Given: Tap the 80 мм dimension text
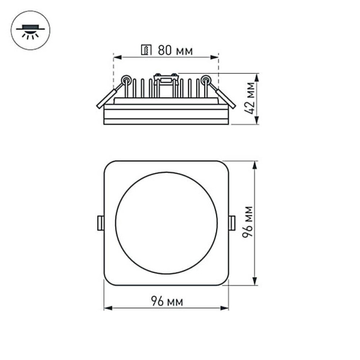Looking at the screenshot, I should point(175,50).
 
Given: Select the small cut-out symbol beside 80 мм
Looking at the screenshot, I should point(145,50).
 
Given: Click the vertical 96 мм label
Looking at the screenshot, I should point(247,222).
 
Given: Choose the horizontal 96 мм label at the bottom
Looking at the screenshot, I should point(166,300).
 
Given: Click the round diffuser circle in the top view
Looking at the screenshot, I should point(166,223).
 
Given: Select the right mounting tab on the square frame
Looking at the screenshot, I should point(232,223).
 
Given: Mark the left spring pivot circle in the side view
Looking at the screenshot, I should point(126,79).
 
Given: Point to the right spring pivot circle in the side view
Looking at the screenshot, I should point(206,79).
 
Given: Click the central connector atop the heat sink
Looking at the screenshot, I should point(166,77).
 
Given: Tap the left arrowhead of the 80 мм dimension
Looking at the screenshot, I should point(116,58).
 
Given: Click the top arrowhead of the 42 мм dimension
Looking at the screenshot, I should point(257,76).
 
